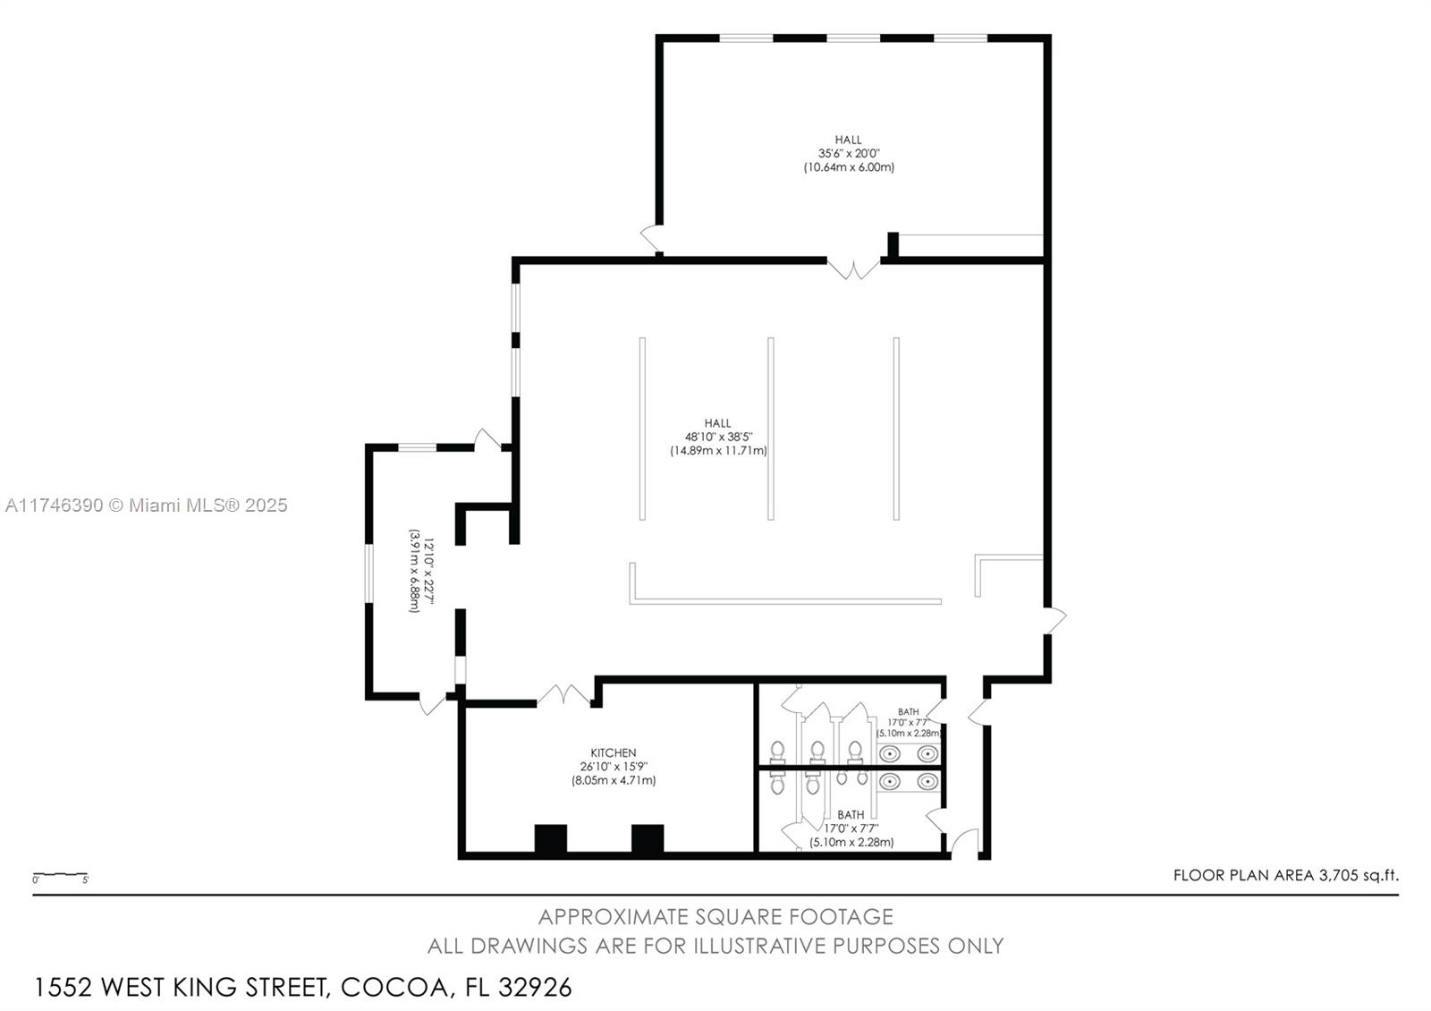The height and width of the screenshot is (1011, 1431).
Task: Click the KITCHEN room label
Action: pos(614,752)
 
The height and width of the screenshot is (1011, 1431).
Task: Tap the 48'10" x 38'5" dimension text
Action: pos(719,438)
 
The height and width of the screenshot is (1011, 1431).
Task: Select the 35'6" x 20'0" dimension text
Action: pos(849,153)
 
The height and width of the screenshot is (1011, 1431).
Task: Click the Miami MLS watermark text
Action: pos(147,505)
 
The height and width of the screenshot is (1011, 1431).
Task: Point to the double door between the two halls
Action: pos(853,268)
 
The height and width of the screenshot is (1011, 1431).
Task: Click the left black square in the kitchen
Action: pos(550,838)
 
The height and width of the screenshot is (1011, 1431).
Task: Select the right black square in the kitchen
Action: pos(648,838)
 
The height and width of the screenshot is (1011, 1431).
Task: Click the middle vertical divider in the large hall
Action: pos(770,429)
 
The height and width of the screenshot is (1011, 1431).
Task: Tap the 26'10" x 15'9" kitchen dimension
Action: pos(614,766)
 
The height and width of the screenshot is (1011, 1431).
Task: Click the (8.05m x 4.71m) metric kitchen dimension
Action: pos(614,780)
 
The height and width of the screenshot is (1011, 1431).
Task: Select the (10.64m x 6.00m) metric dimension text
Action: pos(849,167)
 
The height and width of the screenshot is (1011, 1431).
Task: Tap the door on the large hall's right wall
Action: pos(1054,620)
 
